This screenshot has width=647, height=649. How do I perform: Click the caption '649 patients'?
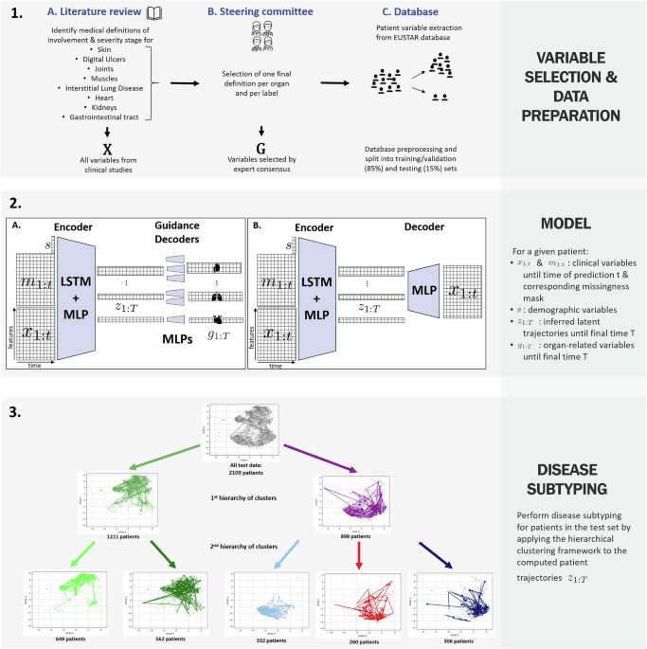point(61,640)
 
